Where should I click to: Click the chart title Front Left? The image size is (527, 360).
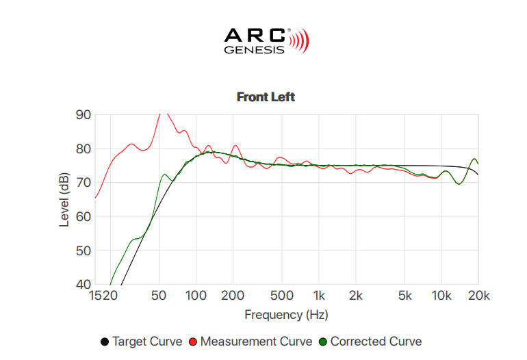(x=266, y=97)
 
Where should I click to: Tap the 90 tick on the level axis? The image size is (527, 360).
(x=83, y=115)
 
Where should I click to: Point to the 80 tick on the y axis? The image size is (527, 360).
(x=83, y=149)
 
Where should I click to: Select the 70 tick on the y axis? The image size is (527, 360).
(x=83, y=183)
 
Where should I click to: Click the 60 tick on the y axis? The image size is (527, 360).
(x=83, y=217)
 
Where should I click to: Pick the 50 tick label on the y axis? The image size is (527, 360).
(x=83, y=251)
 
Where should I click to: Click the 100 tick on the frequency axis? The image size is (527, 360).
(x=196, y=296)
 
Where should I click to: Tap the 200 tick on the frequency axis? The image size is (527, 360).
(x=233, y=296)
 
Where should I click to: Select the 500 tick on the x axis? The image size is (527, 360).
(x=282, y=296)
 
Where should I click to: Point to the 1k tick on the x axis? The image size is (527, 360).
(x=319, y=296)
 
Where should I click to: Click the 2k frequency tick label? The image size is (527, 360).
(x=355, y=296)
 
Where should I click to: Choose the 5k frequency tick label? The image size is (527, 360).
(x=404, y=296)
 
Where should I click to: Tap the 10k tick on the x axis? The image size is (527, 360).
(x=441, y=296)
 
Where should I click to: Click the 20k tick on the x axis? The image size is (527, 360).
(x=478, y=296)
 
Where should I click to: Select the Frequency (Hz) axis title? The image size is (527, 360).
(x=286, y=315)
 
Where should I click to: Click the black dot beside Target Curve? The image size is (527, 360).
(x=105, y=342)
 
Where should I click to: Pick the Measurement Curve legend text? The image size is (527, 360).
(x=256, y=342)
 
